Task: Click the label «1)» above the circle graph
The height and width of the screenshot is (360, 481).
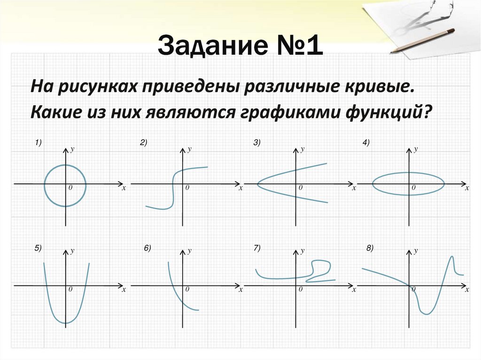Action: click(x=38, y=143)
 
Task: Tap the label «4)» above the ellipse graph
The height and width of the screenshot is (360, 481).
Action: click(x=366, y=143)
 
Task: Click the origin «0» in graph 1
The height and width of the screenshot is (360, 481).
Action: click(x=70, y=188)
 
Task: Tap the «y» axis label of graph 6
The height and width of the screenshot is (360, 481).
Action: click(x=189, y=251)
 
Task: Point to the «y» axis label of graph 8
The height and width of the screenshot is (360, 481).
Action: click(x=416, y=251)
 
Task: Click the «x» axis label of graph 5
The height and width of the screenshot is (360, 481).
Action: click(x=124, y=290)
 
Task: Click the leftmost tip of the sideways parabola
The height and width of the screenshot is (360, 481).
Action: click(x=257, y=184)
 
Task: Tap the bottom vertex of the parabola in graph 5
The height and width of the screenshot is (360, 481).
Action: click(x=66, y=323)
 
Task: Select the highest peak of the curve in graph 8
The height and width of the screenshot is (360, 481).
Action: click(x=452, y=256)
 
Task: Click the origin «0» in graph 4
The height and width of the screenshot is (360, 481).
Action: click(x=414, y=188)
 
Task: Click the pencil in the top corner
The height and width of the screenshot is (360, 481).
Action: click(x=422, y=40)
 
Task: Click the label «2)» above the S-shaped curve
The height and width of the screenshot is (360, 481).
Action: click(x=143, y=143)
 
